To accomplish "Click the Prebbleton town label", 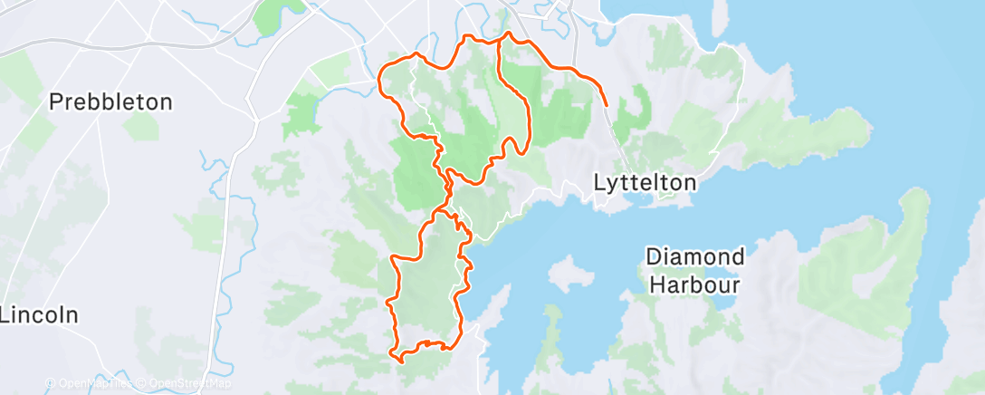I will tap(110, 102).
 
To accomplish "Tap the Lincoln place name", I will tap(40, 316).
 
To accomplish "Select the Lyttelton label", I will tap(646, 183).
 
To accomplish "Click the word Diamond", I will tap(694, 257).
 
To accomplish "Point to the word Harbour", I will tap(694, 284).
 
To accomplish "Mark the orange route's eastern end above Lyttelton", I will tap(606, 106).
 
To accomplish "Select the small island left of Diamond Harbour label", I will tap(569, 273).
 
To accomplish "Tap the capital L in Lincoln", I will tap(5, 316).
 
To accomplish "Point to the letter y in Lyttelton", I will tap(612, 185).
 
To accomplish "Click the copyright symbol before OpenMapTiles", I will tap(51, 383).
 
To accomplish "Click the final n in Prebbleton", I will tap(166, 102).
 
